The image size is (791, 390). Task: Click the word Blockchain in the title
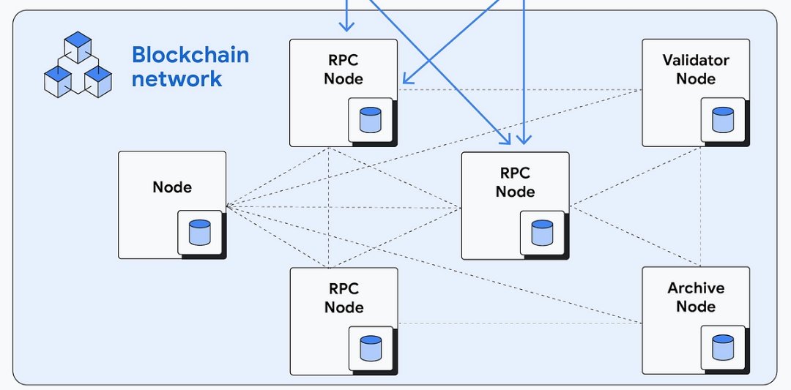(x=190, y=55)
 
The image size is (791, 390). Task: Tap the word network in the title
(x=177, y=78)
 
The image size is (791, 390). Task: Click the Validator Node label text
(x=695, y=70)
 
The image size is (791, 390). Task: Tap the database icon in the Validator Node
(x=723, y=119)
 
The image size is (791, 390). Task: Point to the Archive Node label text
(x=695, y=297)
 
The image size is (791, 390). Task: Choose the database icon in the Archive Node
(x=723, y=348)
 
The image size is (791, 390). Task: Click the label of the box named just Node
(x=172, y=187)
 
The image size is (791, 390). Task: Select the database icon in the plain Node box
(x=199, y=232)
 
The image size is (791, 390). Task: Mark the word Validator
(x=695, y=60)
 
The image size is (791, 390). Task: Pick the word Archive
(x=695, y=288)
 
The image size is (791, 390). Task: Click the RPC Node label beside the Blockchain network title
(x=343, y=70)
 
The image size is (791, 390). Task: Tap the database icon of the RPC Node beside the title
(x=371, y=119)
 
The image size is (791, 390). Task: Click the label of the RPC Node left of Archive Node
(x=343, y=298)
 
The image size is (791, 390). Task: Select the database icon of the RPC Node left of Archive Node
(x=371, y=348)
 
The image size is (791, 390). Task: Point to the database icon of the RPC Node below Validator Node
(x=542, y=233)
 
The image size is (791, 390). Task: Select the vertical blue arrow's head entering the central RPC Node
(x=523, y=139)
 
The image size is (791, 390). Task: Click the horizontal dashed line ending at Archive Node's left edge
(x=520, y=323)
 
